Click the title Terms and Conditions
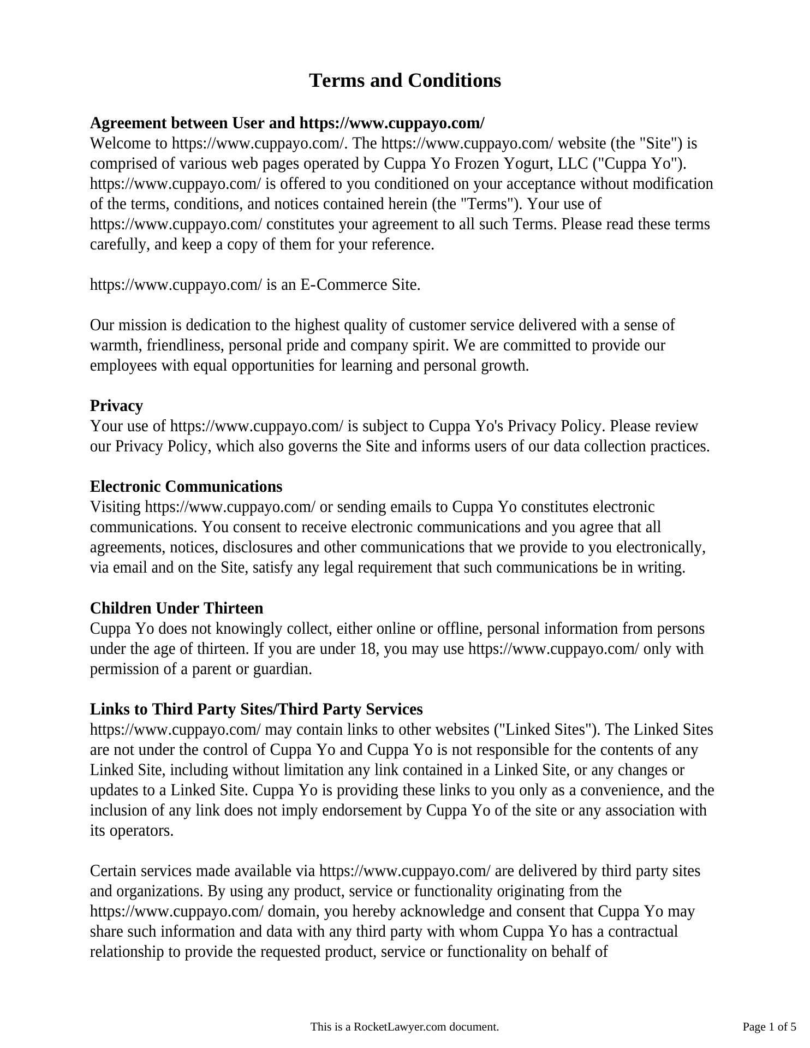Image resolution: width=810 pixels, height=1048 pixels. pos(404,81)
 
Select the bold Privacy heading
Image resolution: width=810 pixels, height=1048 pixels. pos(116,406)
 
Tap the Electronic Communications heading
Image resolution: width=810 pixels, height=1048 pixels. pos(186,487)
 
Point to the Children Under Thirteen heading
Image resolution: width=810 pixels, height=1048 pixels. pos(176,609)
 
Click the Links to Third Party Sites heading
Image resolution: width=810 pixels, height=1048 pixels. pos(256,710)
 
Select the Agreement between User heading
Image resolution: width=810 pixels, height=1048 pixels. pos(287,123)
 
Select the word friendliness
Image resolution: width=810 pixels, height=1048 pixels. pos(186,346)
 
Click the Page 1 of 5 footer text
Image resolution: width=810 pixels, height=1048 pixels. pos(769,1027)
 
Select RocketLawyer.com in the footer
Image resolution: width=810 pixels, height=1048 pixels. pos(400,1027)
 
